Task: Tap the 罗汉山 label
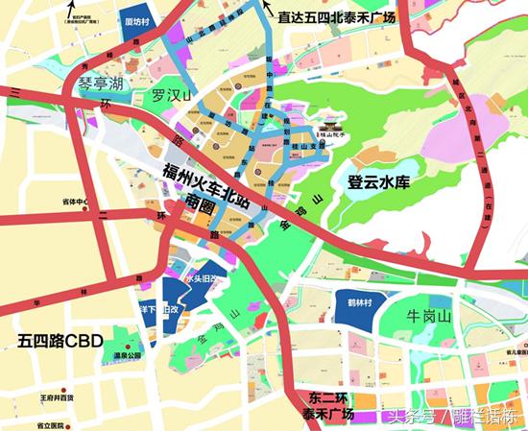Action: pyautogui.click(x=174, y=96)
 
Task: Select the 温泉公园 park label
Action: pyautogui.click(x=128, y=355)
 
